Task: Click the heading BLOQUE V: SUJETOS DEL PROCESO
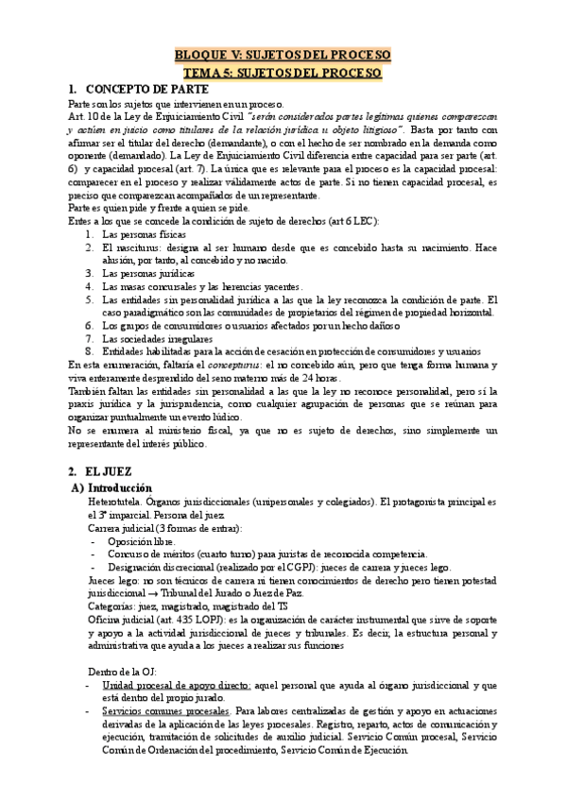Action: (283, 54)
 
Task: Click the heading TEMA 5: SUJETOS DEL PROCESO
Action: (283, 72)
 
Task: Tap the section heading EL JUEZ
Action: (111, 469)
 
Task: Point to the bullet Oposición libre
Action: (142, 541)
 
